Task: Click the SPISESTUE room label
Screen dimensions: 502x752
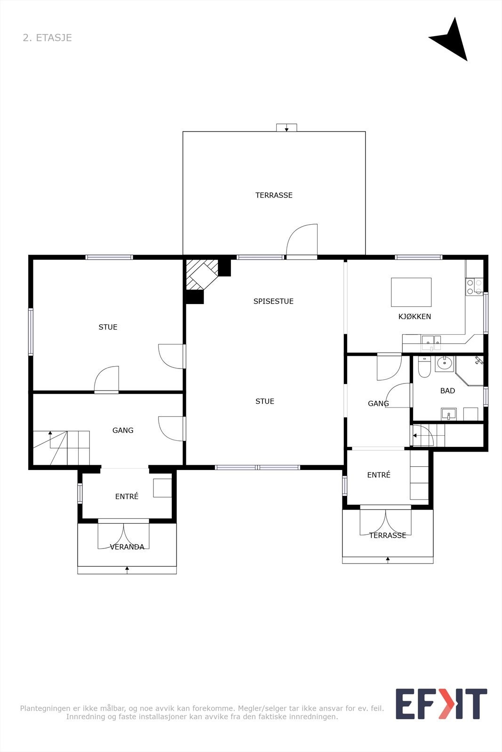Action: coord(273,301)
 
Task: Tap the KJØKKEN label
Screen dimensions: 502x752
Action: coord(414,316)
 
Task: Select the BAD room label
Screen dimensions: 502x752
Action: coord(447,391)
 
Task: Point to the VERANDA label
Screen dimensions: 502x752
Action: coord(127,547)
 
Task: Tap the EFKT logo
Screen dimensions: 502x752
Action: coord(441,704)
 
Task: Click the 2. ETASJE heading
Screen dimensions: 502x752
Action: coord(48,38)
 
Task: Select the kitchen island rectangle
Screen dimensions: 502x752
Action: coord(411,292)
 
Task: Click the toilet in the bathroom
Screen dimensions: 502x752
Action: coord(424,367)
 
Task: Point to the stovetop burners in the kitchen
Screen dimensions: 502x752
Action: coord(474,287)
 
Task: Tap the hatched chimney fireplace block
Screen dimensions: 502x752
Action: coord(202,274)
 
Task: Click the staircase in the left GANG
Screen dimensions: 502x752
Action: coord(61,448)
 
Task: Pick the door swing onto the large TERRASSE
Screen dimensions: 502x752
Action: coord(302,240)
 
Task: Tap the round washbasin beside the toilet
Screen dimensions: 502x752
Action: coord(444,363)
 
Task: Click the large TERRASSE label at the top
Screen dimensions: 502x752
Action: coord(274,195)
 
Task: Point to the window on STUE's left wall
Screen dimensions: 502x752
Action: coord(31,332)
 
